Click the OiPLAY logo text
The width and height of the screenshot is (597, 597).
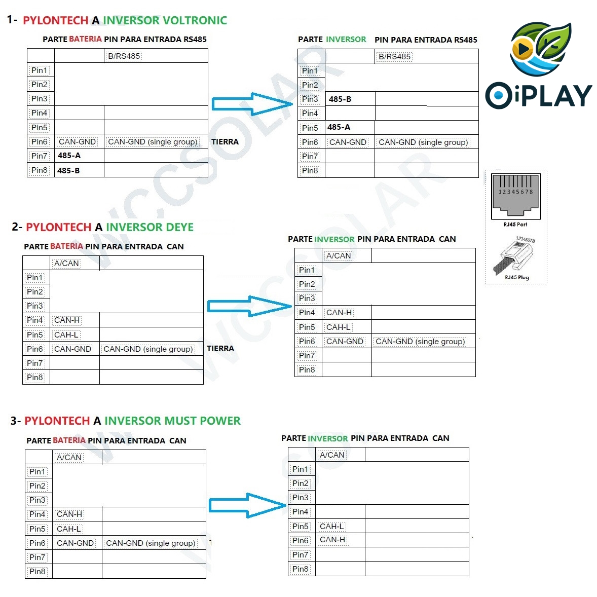coord(539,95)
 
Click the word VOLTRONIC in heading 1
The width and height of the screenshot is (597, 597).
coord(194,20)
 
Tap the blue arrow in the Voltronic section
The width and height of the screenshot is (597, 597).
coord(251,104)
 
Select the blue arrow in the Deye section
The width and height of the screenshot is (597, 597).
coord(249,306)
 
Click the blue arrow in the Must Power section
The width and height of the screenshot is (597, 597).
coord(247,505)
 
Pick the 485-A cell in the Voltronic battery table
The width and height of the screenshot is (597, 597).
coord(69,156)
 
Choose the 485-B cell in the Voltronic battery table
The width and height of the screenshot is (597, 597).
coord(68,170)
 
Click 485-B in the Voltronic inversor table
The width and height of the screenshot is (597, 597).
coord(340,99)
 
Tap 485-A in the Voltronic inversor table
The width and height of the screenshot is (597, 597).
coord(339,127)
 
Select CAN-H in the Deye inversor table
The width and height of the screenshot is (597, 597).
coord(339,313)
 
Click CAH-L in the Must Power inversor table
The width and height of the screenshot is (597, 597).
coord(332,527)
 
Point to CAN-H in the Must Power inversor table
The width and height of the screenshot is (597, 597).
coord(332,540)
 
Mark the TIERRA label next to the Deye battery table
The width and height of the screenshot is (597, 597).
coord(220,349)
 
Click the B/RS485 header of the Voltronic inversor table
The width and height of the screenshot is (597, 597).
coord(395,56)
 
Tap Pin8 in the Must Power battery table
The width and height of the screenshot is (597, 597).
coord(37,571)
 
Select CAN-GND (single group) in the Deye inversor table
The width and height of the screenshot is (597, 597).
coord(420,342)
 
